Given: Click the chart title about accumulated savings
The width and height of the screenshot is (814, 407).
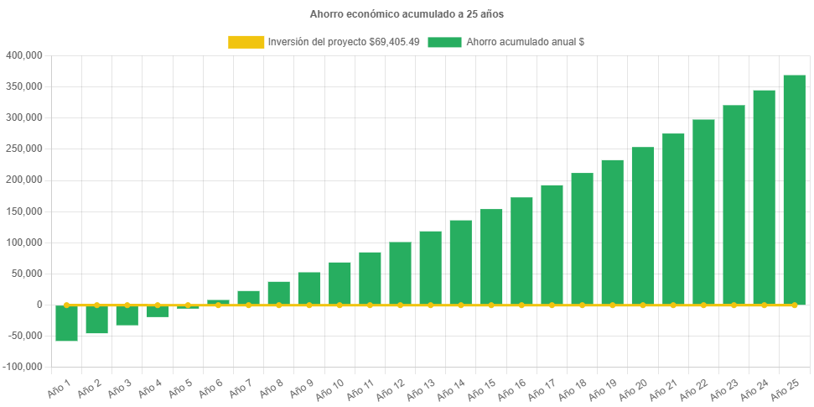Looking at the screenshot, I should pos(407,14).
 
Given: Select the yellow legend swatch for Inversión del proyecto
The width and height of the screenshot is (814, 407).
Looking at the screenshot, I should pos(245,42).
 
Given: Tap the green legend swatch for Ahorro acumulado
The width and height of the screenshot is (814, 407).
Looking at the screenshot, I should pos(444,42).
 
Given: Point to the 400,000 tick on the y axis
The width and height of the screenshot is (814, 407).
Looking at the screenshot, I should pos(23,55).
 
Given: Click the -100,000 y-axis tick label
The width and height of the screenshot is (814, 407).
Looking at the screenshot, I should pos(23,367).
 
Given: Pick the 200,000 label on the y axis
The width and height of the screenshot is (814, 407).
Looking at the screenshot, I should pos(23,180).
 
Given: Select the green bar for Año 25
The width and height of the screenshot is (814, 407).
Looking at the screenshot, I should pos(794,190).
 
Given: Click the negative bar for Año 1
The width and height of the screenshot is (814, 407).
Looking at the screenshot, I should pos(66,323).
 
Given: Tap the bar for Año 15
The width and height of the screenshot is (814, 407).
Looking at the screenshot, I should pos(491,257).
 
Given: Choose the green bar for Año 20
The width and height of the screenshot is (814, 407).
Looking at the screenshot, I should pos(643,226).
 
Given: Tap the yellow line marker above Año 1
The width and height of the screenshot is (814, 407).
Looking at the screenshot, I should pos(66,305).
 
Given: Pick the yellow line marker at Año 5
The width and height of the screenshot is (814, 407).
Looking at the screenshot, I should pos(188,305).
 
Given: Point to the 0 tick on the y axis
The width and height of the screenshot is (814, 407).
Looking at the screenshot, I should pos(39,305).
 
